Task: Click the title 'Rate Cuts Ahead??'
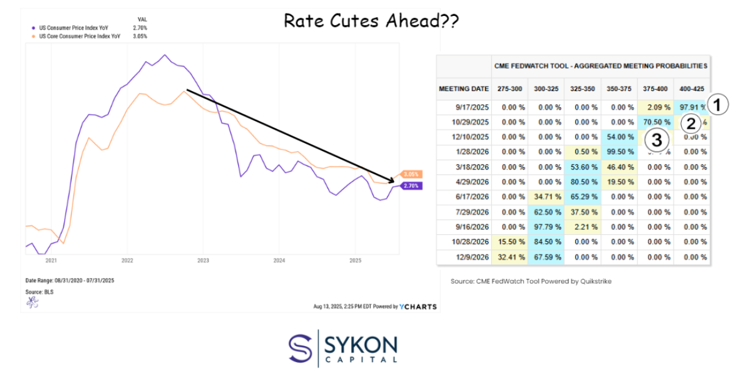[371, 21]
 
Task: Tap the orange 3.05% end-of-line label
[410, 174]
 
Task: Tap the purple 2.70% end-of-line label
[411, 185]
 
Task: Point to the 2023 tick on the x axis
[203, 260]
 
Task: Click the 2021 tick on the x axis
[51, 260]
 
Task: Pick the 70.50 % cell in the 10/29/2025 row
[655, 122]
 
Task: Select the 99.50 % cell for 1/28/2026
[619, 152]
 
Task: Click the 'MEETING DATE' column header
[463, 89]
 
